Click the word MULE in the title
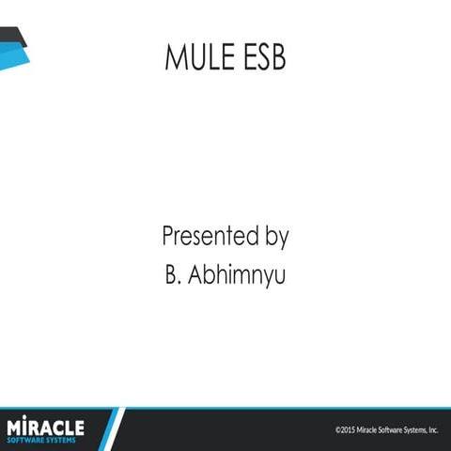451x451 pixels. pyautogui.click(x=195, y=58)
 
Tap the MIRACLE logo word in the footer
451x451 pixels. pyautogui.click(x=45, y=427)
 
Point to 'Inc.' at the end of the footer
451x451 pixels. pyautogui.click(x=433, y=430)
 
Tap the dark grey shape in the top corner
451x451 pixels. pyautogui.click(x=11, y=36)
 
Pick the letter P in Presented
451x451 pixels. pyautogui.click(x=169, y=236)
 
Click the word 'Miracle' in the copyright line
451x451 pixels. pyautogui.click(x=367, y=430)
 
